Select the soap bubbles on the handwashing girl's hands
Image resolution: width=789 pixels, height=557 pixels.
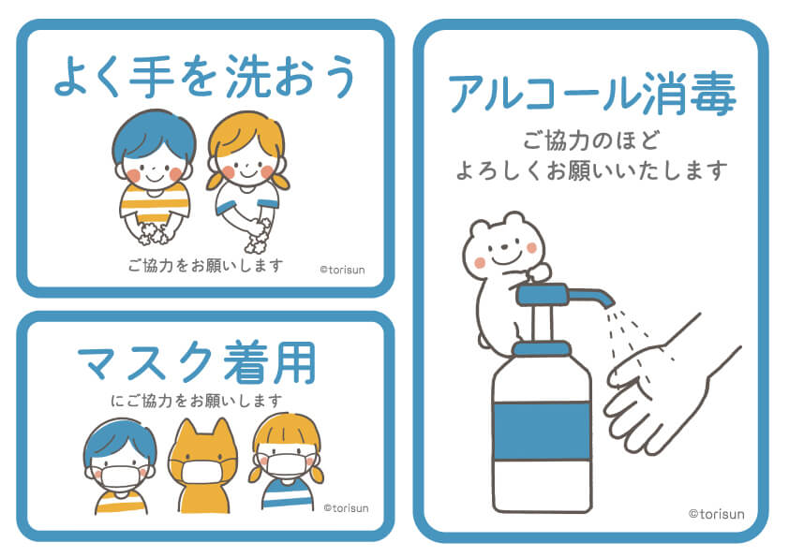click(258, 238)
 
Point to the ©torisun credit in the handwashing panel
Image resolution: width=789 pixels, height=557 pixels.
click(342, 270)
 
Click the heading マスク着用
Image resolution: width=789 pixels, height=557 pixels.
click(196, 363)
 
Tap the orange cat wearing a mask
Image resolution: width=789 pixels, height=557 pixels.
click(202, 465)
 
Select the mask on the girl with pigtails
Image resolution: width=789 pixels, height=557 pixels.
click(286, 465)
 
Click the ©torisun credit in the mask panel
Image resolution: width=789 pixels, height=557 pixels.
click(346, 508)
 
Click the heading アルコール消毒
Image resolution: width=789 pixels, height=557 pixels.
click(592, 94)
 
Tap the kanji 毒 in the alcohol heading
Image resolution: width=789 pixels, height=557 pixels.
click(713, 94)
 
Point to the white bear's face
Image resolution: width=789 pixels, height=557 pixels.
click(503, 250)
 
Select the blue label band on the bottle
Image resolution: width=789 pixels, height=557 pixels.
click(542, 431)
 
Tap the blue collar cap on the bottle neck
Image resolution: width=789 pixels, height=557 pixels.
click(542, 348)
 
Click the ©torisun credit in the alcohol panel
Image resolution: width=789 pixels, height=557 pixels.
click(717, 514)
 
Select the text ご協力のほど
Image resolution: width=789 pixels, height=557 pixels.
click(591, 140)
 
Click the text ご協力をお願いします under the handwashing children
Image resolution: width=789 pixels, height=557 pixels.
click(205, 264)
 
